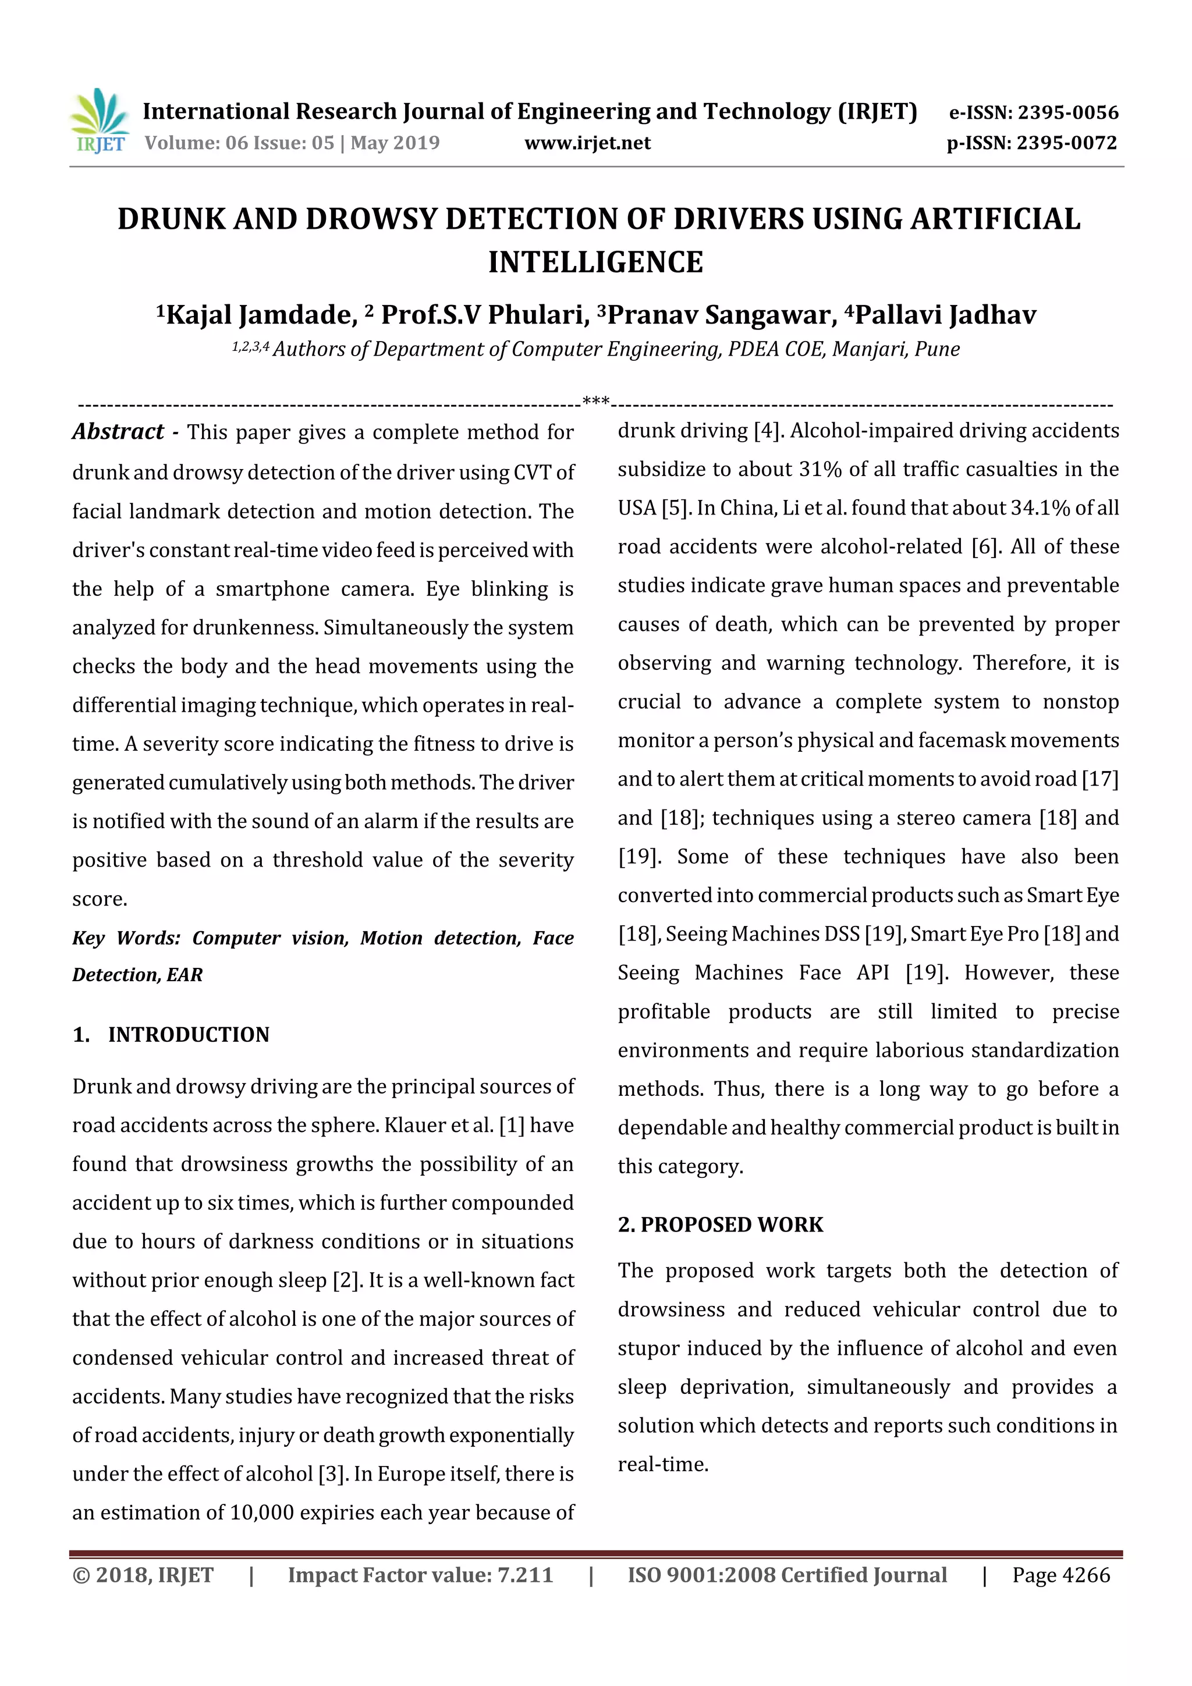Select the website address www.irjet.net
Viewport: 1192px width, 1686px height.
coord(587,143)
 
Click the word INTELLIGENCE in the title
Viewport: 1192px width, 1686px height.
coord(595,262)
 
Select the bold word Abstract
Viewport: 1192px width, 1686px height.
coord(118,431)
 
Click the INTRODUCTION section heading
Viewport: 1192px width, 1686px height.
coord(189,1034)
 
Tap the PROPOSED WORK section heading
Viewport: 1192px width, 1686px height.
coord(732,1224)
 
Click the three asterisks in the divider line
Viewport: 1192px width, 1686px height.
coord(595,401)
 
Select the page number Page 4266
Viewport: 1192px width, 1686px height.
coord(1060,1574)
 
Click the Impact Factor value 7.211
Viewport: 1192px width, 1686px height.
coord(524,1574)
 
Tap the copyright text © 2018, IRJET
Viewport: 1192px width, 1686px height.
coord(143,1574)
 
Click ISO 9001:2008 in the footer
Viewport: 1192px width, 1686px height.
coord(701,1574)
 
